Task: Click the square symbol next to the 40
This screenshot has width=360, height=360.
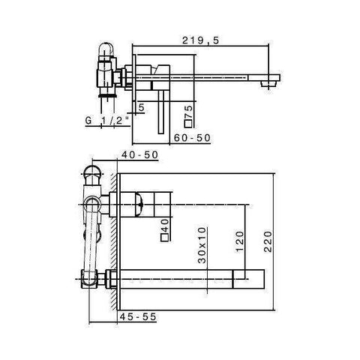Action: pyautogui.click(x=165, y=238)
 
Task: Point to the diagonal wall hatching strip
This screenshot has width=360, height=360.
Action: pyautogui.click(x=113, y=240)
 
